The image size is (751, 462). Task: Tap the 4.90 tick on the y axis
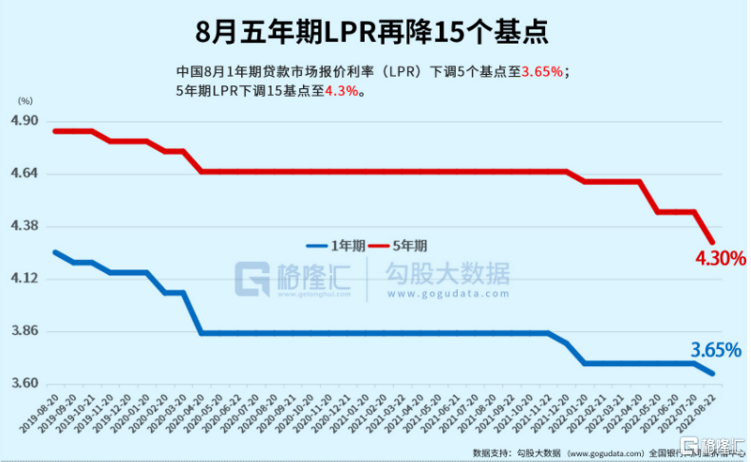click(24, 121)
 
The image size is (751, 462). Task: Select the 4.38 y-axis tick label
click(24, 226)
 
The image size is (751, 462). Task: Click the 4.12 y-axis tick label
click(24, 278)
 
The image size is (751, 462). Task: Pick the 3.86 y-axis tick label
click(24, 331)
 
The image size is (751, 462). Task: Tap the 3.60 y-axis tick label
click(24, 383)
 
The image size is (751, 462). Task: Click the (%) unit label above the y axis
click(26, 101)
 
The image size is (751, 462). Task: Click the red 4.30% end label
click(718, 258)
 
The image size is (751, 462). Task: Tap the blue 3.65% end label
click(714, 350)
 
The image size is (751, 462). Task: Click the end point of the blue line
click(713, 373)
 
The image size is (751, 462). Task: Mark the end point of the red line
click(713, 242)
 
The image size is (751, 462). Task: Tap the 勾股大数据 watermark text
click(446, 273)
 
